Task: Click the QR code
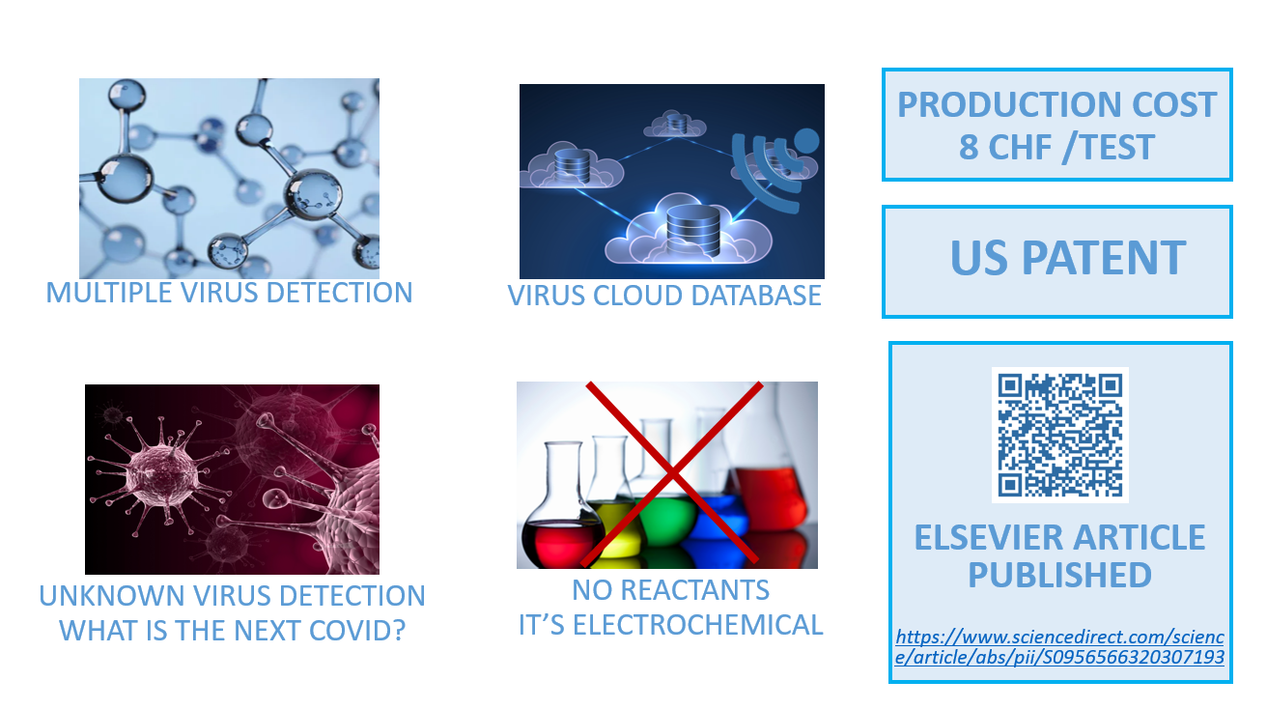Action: [1060, 435]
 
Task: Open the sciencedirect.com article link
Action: [1059, 647]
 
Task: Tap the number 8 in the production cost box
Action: [969, 147]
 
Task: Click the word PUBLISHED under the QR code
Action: [1059, 575]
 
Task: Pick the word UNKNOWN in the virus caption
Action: [111, 596]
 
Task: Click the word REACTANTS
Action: [694, 590]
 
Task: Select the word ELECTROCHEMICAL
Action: [698, 625]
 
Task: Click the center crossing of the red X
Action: [672, 472]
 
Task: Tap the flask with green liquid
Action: [662, 509]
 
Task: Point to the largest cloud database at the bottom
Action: [689, 232]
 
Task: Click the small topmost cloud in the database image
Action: [675, 124]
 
